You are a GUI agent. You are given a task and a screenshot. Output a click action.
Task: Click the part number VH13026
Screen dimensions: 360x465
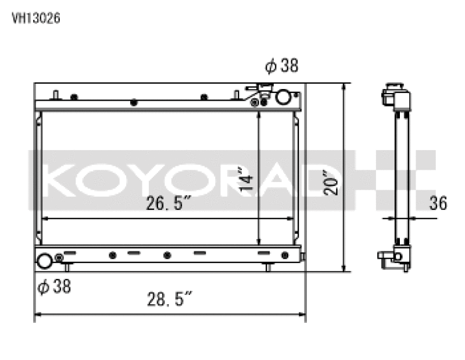click(x=36, y=18)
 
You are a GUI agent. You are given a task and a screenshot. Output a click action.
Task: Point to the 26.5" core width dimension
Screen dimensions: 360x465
click(x=169, y=204)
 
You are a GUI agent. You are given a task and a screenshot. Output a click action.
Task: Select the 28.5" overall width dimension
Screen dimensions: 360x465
click(x=169, y=301)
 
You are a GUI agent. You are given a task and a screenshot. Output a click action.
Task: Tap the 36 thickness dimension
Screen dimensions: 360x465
click(x=438, y=203)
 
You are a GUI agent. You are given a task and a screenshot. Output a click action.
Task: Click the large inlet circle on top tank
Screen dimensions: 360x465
click(x=282, y=97)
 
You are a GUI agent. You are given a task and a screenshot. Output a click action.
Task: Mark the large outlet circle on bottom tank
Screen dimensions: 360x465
click(x=45, y=261)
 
